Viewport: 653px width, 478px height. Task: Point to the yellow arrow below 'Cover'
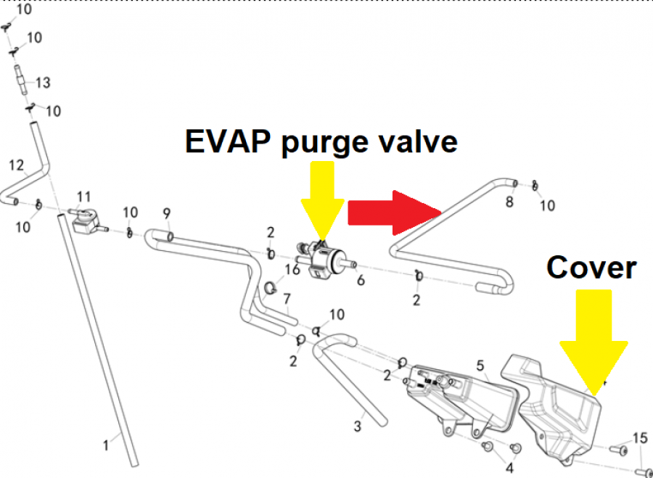tap(594, 341)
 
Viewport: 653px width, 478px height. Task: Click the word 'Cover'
tap(591, 268)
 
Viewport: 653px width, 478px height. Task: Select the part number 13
tap(43, 83)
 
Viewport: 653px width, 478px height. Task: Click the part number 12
tap(17, 165)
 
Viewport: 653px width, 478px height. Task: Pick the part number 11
tap(84, 197)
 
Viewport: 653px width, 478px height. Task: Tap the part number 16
tap(292, 270)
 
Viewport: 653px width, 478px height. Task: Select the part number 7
tap(287, 299)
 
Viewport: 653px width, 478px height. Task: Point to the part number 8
tap(509, 202)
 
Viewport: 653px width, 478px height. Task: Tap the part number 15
tap(639, 438)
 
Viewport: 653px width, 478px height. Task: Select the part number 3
tap(358, 427)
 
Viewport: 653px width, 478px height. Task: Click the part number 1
tap(106, 445)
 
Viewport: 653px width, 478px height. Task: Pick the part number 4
tap(509, 468)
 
